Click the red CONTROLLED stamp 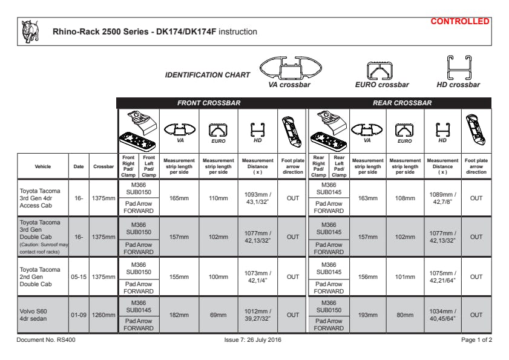[x=460, y=22]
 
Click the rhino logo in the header [x=30, y=31]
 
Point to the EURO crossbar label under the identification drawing [x=382, y=85]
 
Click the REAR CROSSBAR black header [x=402, y=103]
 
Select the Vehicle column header [x=43, y=166]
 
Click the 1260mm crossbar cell [x=103, y=315]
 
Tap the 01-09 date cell [x=79, y=315]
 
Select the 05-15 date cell [x=79, y=276]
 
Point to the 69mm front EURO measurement [x=218, y=315]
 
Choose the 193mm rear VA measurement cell [x=367, y=315]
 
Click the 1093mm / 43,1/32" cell [x=258, y=197]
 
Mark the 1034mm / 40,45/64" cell [x=442, y=315]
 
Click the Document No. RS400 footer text [x=46, y=340]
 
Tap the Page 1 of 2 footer [x=476, y=340]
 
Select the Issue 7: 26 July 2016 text [x=252, y=340]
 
